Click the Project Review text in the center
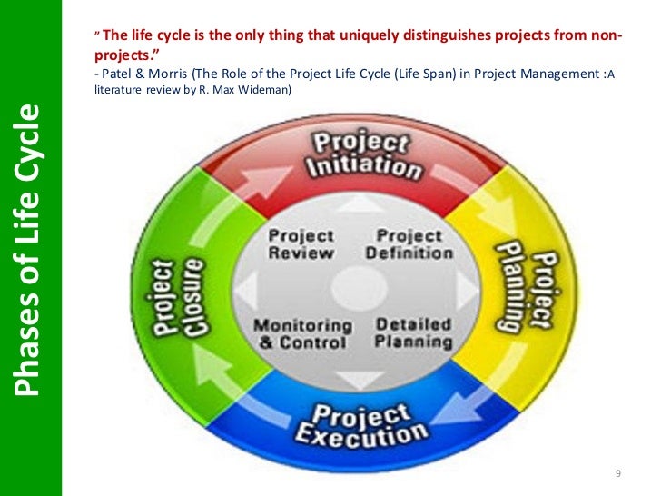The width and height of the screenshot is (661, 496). pos(301,244)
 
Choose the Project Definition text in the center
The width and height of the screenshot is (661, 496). pos(409,244)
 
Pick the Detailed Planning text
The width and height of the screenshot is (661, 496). pos(413,333)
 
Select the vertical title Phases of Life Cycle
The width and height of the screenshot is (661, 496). pos(30,249)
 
